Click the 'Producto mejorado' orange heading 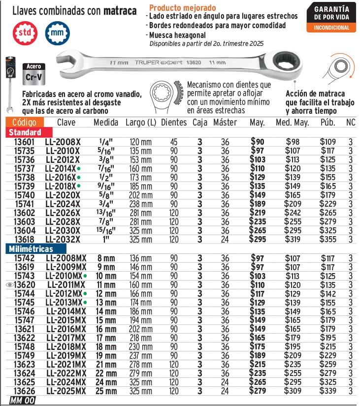click(x=182, y=8)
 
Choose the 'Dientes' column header click(x=174, y=123)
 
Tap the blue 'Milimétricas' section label click(x=31, y=250)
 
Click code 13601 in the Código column click(x=24, y=142)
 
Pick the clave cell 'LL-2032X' click(x=63, y=239)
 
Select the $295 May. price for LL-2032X click(x=258, y=239)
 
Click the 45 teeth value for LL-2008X click(x=174, y=142)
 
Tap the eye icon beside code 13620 click(x=10, y=284)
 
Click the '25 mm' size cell click(x=107, y=391)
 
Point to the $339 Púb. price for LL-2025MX click(x=327, y=391)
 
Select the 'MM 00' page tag click(x=22, y=401)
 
